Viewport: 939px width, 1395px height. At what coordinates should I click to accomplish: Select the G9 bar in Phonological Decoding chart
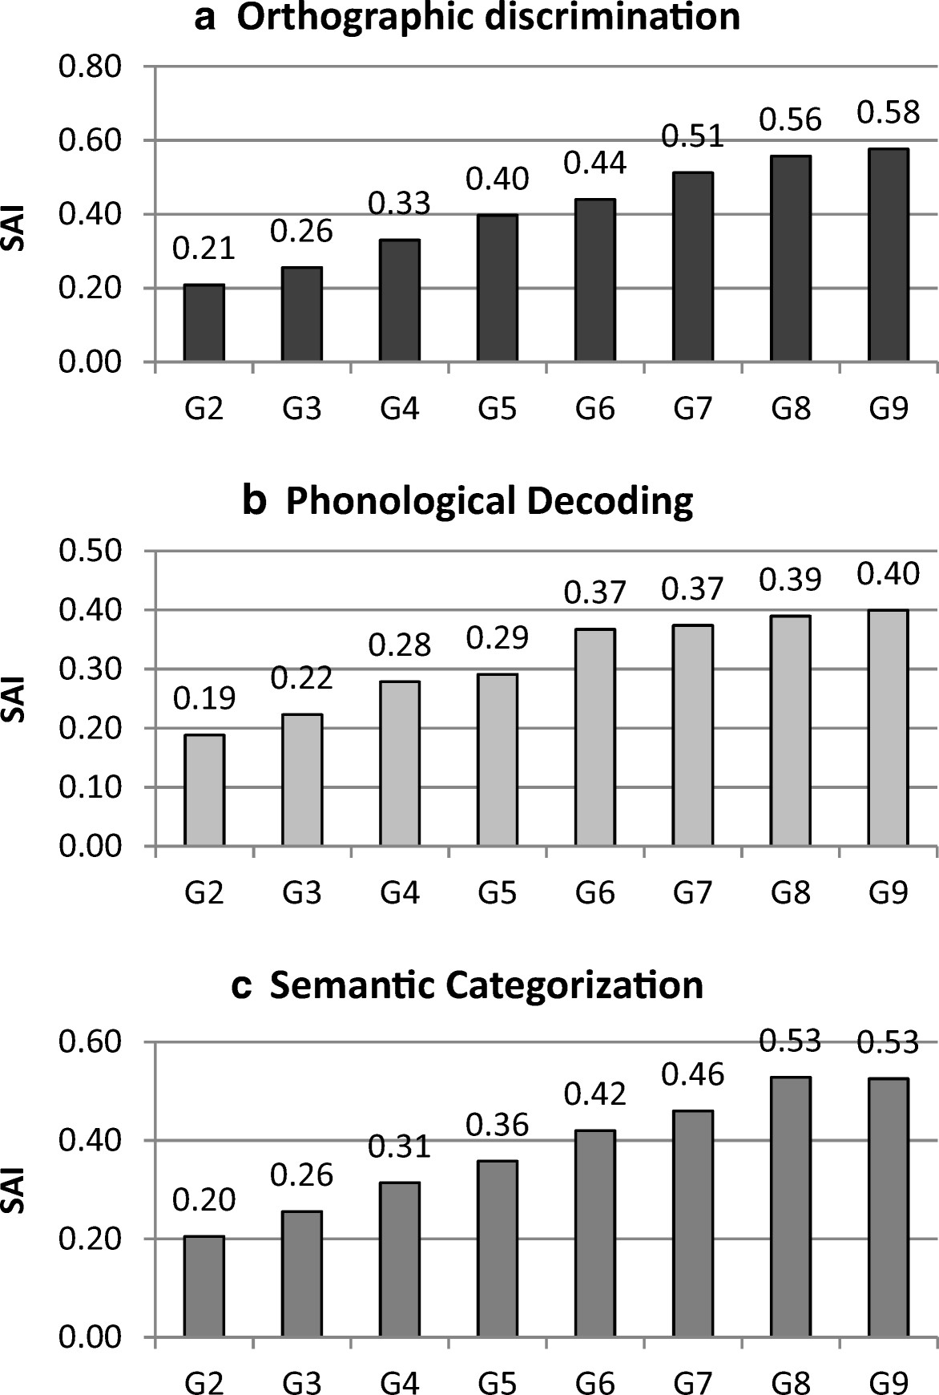tap(888, 728)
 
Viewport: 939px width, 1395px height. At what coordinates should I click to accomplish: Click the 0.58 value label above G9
tap(889, 112)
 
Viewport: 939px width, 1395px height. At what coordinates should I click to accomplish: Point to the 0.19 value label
tap(204, 698)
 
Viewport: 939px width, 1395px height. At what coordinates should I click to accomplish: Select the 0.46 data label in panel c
tap(692, 1074)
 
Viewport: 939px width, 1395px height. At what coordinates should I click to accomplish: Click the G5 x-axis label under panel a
tap(497, 410)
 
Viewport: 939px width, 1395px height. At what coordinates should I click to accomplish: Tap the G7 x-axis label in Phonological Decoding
tap(692, 892)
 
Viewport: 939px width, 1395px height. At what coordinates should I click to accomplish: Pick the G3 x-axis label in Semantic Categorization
tap(301, 1377)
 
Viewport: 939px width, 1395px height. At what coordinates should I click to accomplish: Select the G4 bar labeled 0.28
tap(399, 763)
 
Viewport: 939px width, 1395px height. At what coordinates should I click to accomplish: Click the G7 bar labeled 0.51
tap(692, 267)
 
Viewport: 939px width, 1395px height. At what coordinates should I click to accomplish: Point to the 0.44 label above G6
tap(594, 164)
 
